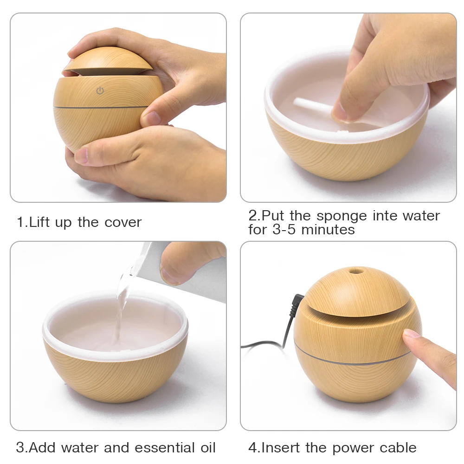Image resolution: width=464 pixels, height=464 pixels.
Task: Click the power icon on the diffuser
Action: click(100, 91)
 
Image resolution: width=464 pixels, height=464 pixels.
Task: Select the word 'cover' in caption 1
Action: click(122, 222)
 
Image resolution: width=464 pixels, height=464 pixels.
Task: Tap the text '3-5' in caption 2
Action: click(284, 230)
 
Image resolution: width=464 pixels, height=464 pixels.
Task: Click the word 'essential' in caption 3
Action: click(163, 448)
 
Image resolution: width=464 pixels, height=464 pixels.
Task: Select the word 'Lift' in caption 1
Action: click(40, 222)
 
